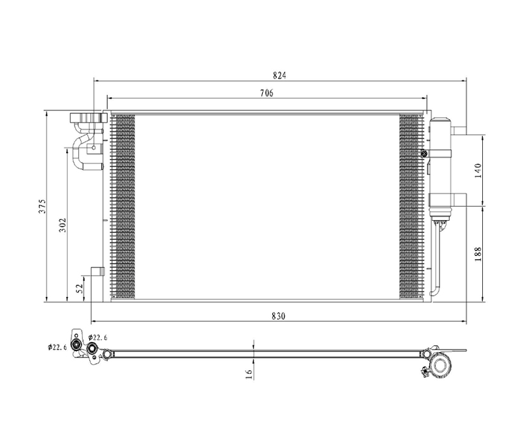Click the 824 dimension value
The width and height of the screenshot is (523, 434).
(x=279, y=76)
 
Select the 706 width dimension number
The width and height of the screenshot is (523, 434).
(x=267, y=93)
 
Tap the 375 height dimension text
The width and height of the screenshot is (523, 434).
(x=41, y=206)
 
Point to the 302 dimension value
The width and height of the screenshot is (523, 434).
(x=63, y=225)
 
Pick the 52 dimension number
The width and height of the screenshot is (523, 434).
(x=79, y=288)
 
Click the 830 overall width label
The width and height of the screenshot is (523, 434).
(x=279, y=316)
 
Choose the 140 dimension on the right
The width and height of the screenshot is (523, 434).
(x=478, y=170)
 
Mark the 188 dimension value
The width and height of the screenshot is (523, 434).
(x=478, y=254)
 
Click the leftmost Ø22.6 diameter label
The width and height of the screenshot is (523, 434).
(x=57, y=347)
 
